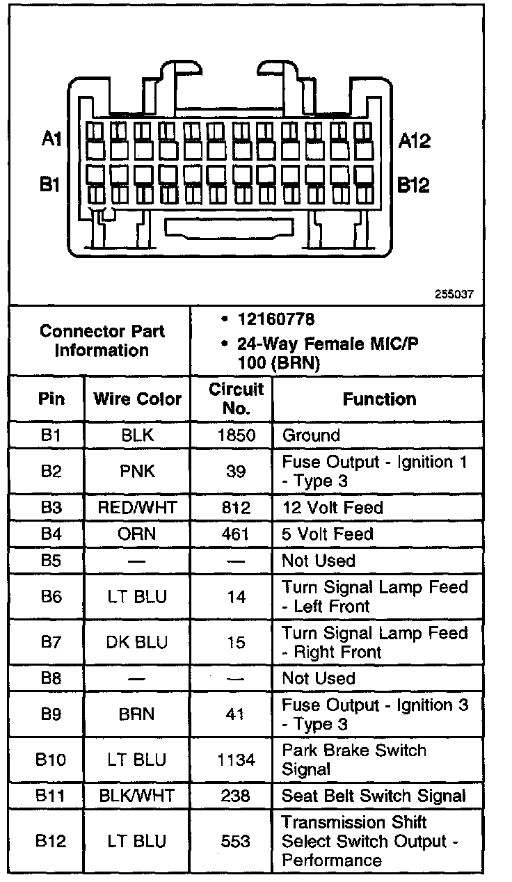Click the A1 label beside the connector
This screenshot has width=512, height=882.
(x=51, y=140)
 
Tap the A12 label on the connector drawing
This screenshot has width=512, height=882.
(x=415, y=141)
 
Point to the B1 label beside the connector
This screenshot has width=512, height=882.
(x=50, y=186)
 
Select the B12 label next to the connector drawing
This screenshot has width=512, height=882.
(x=414, y=186)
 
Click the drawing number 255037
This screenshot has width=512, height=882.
(x=454, y=294)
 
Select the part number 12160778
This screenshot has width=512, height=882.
(x=275, y=319)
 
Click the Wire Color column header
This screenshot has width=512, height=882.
(x=137, y=399)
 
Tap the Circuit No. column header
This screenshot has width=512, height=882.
(x=236, y=399)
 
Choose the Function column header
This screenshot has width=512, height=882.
(x=379, y=399)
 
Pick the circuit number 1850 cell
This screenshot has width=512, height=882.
(x=236, y=436)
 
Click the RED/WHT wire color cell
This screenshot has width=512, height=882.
(x=137, y=508)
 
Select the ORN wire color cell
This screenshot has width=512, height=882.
(x=137, y=534)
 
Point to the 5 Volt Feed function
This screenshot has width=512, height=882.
(x=328, y=534)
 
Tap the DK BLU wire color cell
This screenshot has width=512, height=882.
(x=137, y=643)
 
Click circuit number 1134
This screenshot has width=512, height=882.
(x=236, y=760)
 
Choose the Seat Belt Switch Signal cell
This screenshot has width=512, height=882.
(x=374, y=796)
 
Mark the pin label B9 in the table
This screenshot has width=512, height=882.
(x=51, y=714)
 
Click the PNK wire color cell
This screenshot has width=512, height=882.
(x=137, y=472)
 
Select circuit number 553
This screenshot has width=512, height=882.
(x=236, y=841)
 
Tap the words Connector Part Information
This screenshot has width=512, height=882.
(x=102, y=341)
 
